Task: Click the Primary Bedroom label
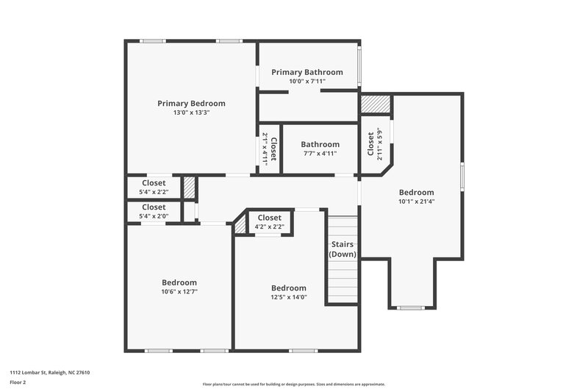click(x=191, y=104)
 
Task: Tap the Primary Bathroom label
click(x=307, y=72)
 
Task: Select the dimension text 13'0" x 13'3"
click(x=191, y=113)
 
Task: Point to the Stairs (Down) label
click(x=343, y=249)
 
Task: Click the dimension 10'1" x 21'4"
click(x=416, y=201)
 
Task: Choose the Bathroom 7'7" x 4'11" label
click(x=320, y=144)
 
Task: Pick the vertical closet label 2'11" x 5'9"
click(x=374, y=145)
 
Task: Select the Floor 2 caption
click(x=18, y=383)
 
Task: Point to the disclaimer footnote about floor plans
click(x=293, y=384)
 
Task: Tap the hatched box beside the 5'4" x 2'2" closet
click(x=190, y=187)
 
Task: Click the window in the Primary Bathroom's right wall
click(x=359, y=67)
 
